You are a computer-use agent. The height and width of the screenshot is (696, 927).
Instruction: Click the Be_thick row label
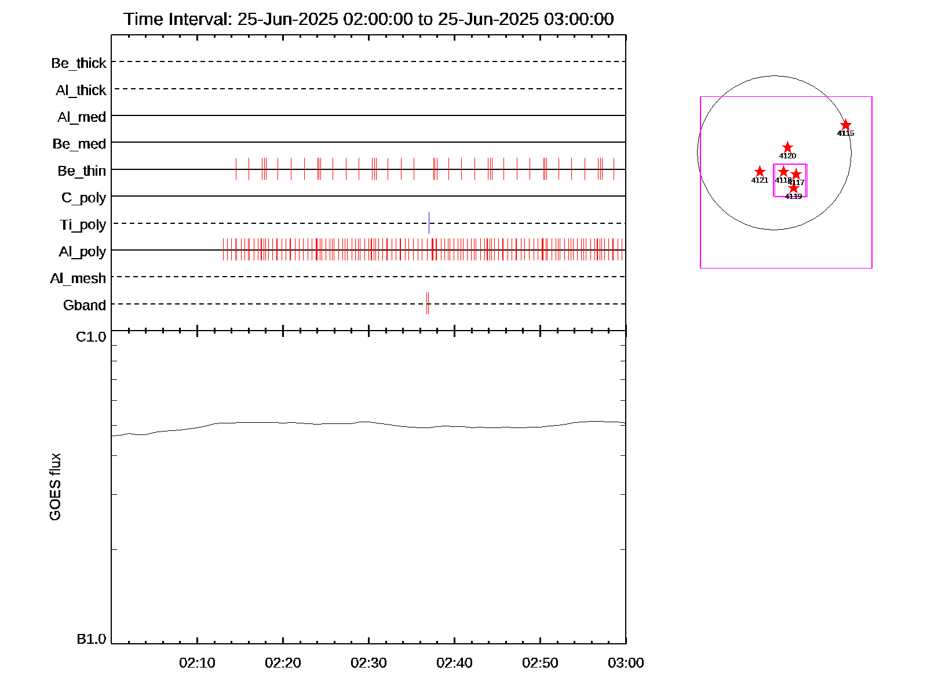[79, 63]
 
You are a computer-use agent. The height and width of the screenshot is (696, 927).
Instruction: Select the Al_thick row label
[81, 90]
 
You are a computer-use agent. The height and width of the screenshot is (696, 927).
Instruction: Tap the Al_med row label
[82, 117]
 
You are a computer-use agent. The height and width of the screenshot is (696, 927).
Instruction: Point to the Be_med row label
[79, 144]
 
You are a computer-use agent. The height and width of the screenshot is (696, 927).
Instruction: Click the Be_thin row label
[82, 171]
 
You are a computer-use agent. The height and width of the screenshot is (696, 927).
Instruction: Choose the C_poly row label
[83, 198]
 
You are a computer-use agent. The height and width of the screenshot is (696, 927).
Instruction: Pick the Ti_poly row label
[83, 224]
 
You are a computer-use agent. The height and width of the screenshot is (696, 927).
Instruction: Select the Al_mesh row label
[78, 278]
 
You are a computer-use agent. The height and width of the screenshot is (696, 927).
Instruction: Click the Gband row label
[85, 305]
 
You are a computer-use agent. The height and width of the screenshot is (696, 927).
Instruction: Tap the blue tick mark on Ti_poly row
[429, 223]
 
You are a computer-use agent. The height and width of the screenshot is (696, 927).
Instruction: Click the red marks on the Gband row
[428, 303]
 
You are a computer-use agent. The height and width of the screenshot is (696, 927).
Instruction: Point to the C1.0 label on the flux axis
[91, 337]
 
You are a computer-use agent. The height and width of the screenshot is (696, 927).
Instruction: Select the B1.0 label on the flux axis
[91, 639]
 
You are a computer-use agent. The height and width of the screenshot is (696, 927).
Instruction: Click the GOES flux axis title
[55, 487]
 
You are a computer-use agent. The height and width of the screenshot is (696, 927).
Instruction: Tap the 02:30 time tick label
[368, 663]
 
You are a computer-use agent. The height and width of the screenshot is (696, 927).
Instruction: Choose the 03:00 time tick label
[626, 663]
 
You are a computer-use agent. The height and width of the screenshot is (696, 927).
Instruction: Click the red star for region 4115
[846, 125]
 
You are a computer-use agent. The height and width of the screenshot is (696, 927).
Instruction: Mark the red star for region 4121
[760, 172]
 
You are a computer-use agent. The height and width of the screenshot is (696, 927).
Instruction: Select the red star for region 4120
[787, 147]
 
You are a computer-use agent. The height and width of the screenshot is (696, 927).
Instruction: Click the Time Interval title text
[368, 19]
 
